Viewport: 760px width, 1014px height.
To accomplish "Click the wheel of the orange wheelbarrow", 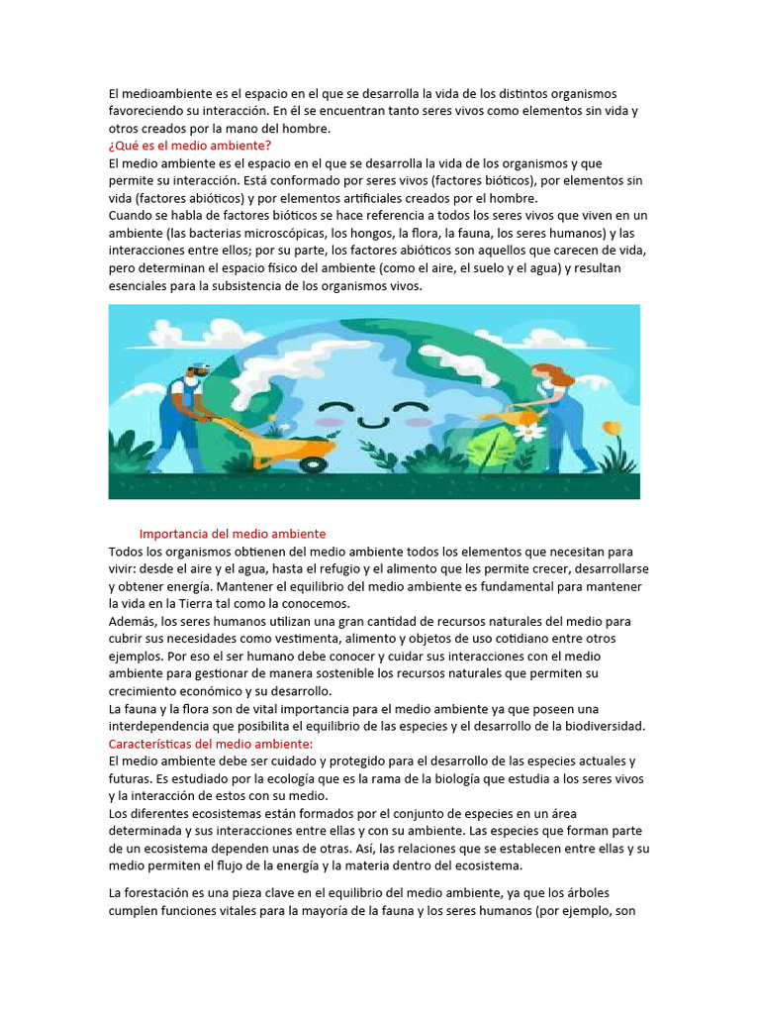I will [313, 461].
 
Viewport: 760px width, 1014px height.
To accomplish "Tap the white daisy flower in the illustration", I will [530, 432].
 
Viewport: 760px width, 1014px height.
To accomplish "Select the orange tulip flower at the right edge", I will [612, 428].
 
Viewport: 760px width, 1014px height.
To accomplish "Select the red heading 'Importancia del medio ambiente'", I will [233, 534].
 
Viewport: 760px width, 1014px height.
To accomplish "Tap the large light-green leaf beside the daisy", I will [495, 448].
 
